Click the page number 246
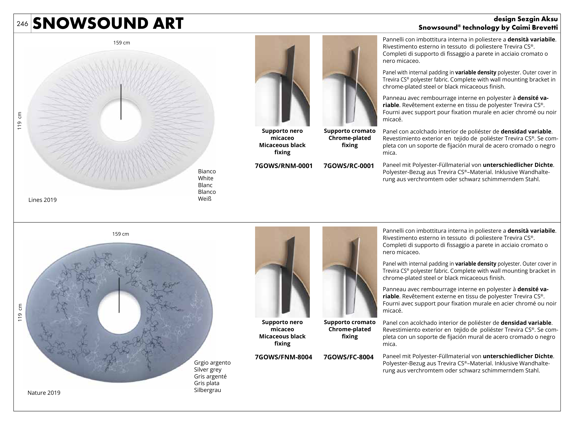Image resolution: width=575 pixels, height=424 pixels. coord(22,24)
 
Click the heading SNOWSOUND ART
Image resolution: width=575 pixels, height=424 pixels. coord(108,23)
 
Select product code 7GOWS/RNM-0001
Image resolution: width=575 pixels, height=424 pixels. coord(284,166)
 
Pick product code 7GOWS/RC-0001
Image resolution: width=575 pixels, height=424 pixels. coord(349,166)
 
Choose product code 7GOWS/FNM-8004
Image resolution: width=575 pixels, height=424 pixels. coord(283,357)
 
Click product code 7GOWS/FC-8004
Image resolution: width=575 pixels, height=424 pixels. coord(348,357)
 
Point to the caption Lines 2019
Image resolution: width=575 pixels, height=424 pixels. coord(43,200)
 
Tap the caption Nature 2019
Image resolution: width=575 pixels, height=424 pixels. coord(44,393)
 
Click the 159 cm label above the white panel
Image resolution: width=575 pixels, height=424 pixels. coord(122,43)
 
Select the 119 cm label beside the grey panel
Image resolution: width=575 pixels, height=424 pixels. coord(20,312)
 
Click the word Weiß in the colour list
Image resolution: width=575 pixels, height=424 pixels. coord(205,199)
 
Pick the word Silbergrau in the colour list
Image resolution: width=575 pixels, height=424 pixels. coord(207,390)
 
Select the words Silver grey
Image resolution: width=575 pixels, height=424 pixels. coord(208,370)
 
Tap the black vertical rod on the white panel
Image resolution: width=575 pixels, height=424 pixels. coord(121,102)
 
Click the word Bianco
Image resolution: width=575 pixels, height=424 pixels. coord(207,171)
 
